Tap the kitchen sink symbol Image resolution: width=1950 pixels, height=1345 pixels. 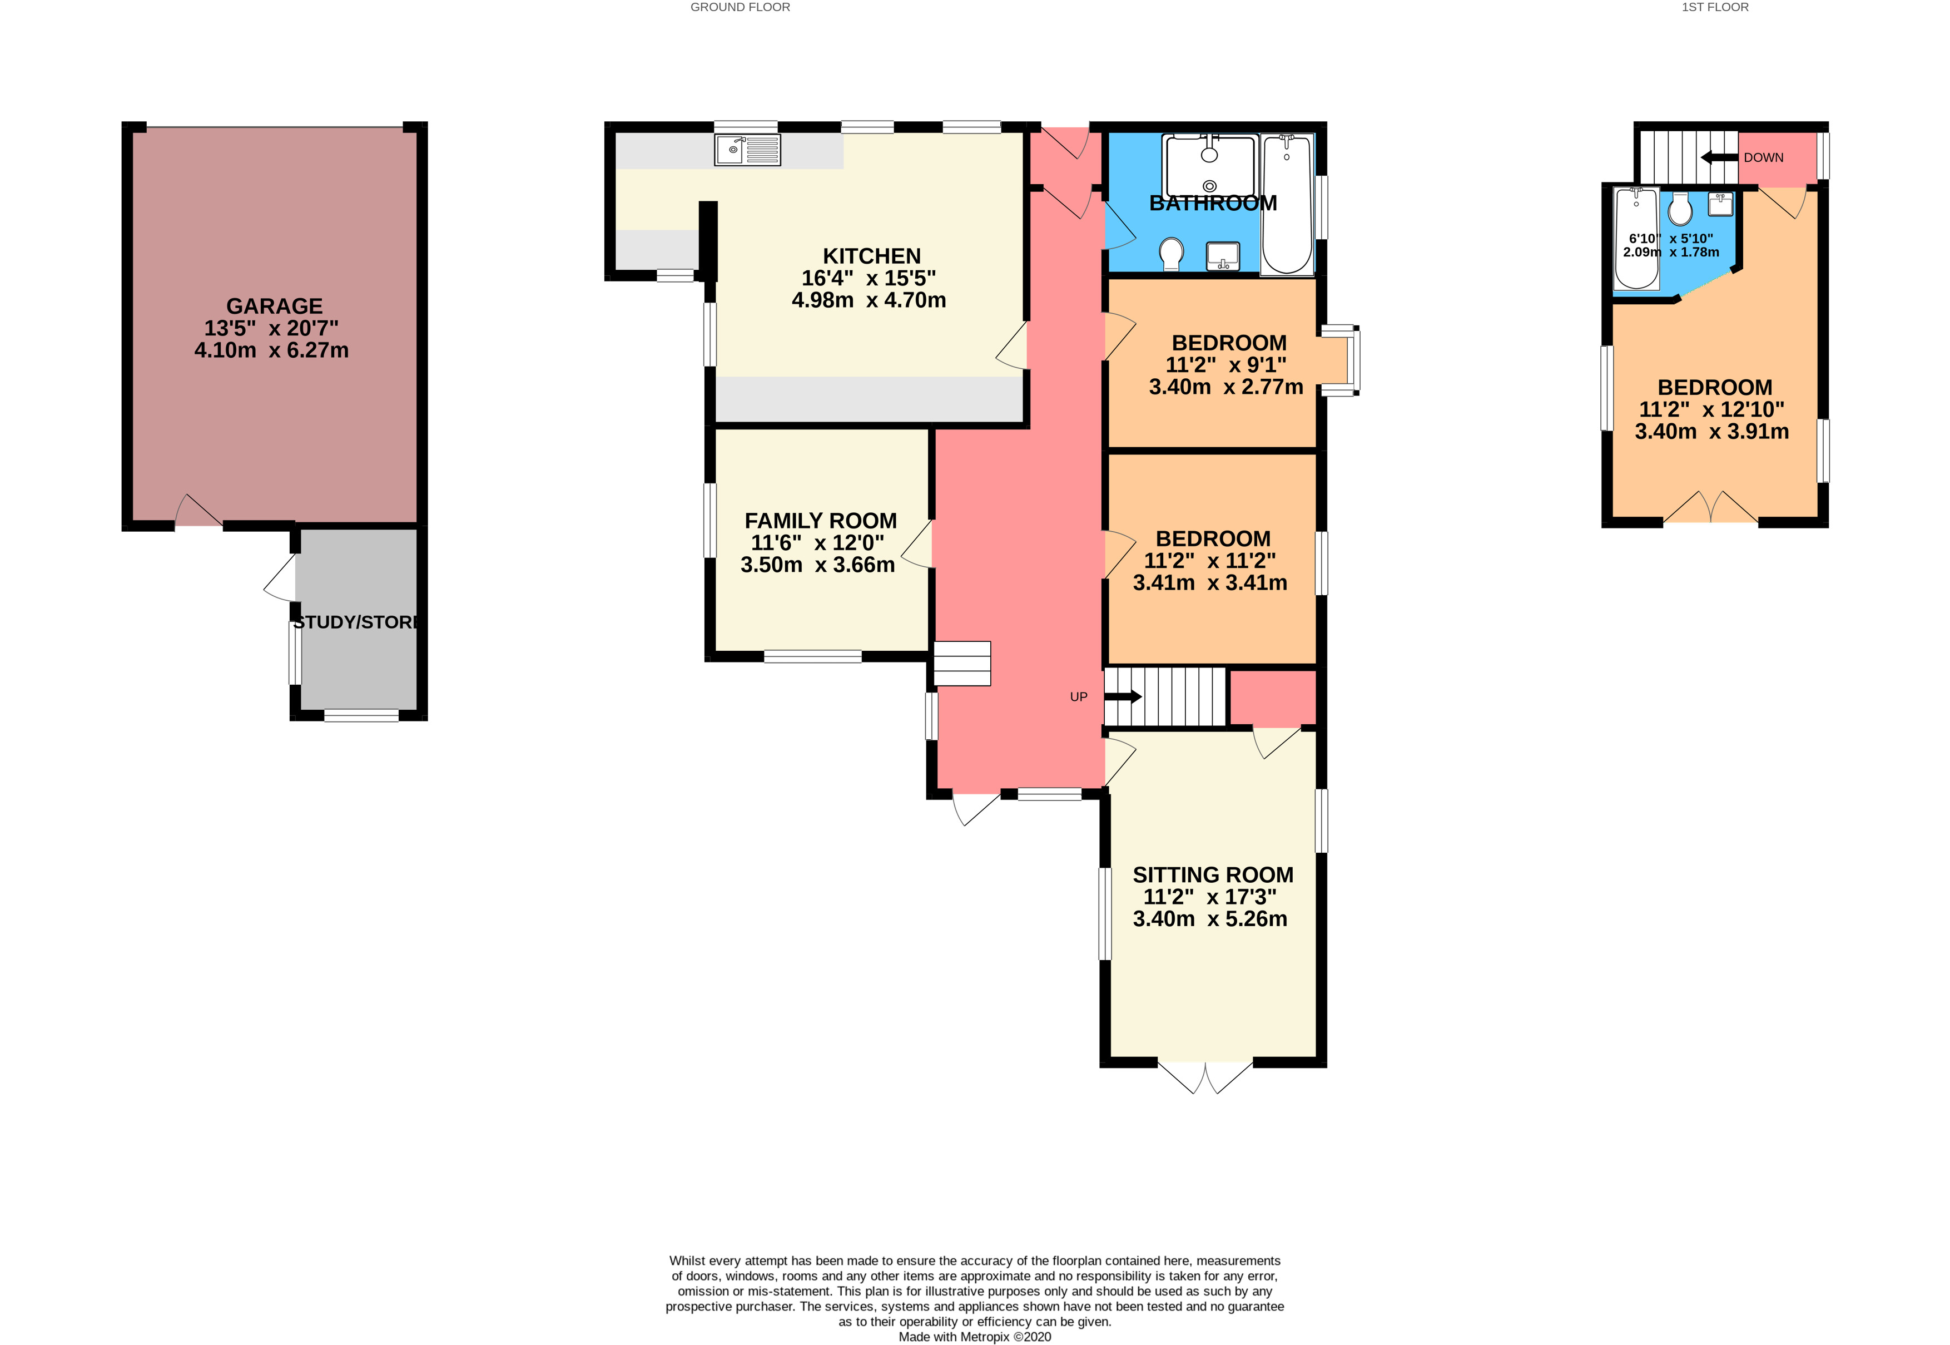click(x=747, y=150)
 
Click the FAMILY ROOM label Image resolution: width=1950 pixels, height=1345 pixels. click(x=821, y=521)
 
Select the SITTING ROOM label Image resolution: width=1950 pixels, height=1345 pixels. click(x=1212, y=875)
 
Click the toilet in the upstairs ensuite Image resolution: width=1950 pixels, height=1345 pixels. click(x=1680, y=209)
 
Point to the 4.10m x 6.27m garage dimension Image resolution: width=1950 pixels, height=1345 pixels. click(x=271, y=350)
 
